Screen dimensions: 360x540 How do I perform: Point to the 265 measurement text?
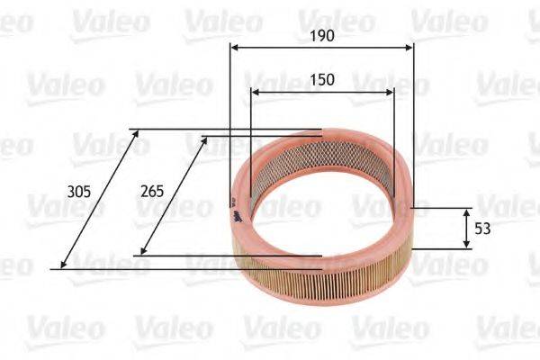154,191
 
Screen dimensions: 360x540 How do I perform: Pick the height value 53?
482,229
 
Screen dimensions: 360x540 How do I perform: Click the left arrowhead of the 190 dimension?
234,49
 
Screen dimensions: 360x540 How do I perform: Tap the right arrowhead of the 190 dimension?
410,49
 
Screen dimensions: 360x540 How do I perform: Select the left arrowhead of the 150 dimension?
255,92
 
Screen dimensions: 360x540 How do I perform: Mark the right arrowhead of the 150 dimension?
390,92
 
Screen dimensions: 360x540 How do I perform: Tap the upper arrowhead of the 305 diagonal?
137,133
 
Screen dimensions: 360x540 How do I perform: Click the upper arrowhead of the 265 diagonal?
205,140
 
